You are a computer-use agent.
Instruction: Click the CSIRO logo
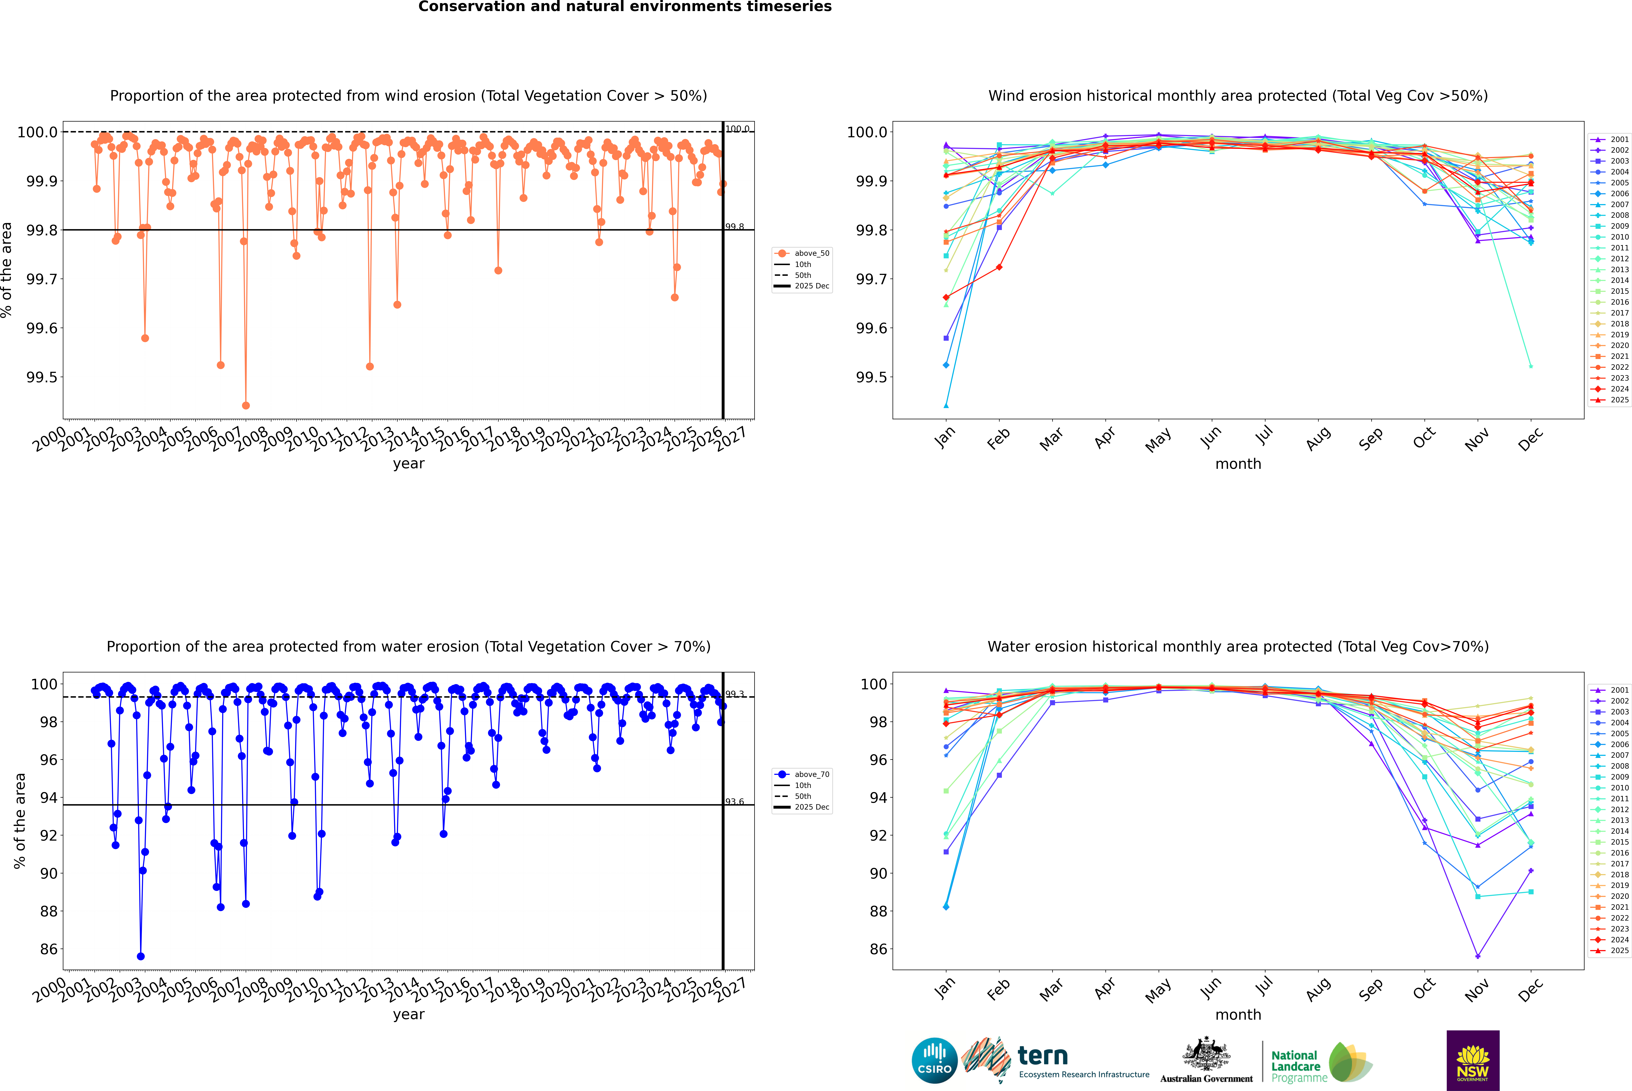[934, 1060]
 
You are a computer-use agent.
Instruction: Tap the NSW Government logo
[1473, 1060]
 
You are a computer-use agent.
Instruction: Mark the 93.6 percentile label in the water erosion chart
[735, 802]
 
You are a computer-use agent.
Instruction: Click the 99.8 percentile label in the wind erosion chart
[735, 227]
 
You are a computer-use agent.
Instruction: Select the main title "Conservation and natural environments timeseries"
[625, 7]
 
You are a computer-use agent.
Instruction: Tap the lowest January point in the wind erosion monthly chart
[946, 406]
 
